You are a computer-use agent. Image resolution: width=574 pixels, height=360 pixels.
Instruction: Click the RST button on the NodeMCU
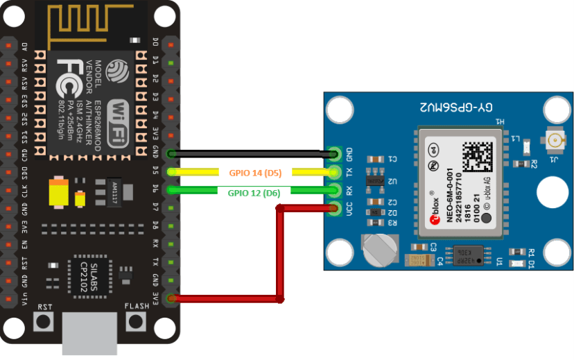tap(44, 321)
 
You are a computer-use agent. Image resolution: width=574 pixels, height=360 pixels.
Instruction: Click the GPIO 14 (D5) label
tap(254, 172)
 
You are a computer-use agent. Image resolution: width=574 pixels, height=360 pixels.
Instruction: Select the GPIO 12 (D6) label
tap(254, 193)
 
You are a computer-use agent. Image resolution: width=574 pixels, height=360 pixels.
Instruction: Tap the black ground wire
tap(250, 153)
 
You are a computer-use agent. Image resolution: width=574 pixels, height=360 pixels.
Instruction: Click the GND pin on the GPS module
tap(336, 153)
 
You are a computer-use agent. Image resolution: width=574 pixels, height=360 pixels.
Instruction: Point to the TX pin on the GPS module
tap(336, 172)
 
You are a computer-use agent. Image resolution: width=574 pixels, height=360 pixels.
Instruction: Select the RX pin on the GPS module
tap(336, 190)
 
